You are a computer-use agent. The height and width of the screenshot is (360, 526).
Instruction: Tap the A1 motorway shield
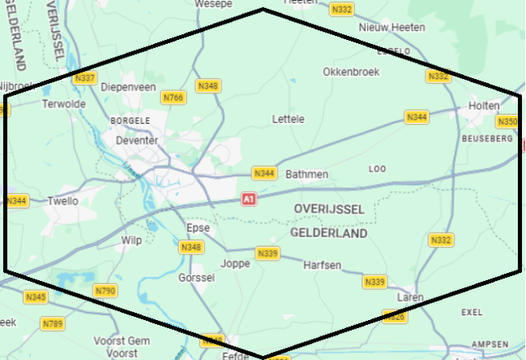point(248,199)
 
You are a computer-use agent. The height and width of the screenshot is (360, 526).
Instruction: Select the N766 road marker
point(173,98)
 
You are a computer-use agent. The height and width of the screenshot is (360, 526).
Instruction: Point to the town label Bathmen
point(307,174)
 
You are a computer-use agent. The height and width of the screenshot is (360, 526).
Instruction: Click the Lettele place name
point(287,119)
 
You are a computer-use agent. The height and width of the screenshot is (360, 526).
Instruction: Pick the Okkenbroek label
point(351,72)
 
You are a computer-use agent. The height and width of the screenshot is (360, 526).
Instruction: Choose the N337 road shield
point(85,78)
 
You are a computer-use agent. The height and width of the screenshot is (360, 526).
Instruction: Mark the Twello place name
point(63,201)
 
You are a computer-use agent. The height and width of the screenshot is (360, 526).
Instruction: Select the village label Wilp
point(131,240)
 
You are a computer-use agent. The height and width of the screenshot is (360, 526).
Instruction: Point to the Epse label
point(198,228)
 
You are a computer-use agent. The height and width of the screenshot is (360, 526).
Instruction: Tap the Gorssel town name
point(195,278)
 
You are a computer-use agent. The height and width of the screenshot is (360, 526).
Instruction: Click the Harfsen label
point(322,266)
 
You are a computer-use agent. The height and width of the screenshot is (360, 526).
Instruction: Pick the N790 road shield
point(105,291)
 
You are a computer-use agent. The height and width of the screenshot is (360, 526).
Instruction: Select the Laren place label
point(410,298)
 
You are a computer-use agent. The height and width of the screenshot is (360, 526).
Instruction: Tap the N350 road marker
point(506,122)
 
